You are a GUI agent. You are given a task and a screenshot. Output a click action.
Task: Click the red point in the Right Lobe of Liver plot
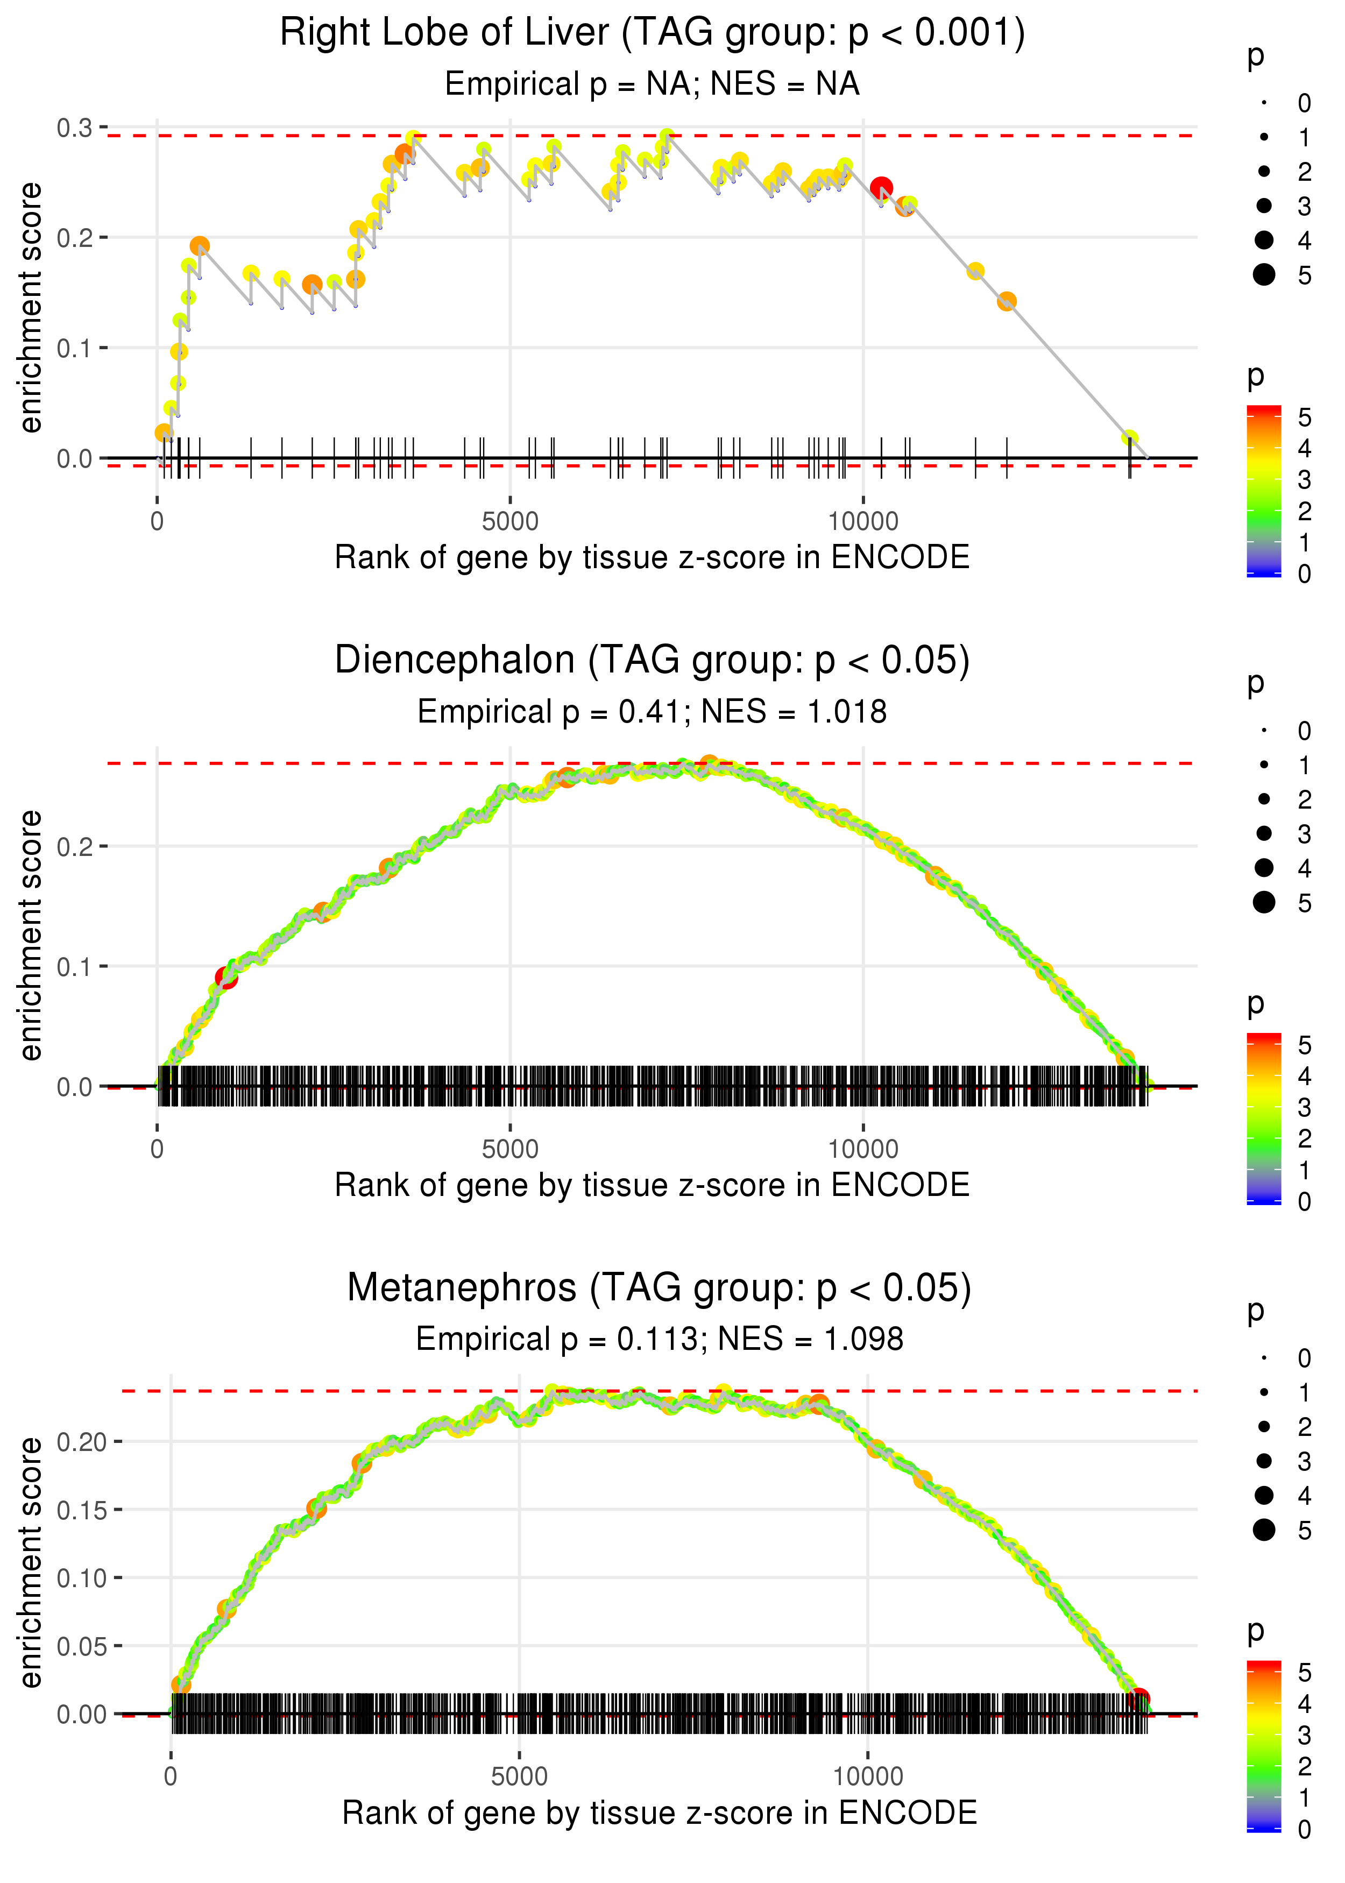[881, 188]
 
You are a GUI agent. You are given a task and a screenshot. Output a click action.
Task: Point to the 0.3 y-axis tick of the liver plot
[75, 128]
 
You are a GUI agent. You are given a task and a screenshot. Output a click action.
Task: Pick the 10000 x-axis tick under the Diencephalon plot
[863, 1149]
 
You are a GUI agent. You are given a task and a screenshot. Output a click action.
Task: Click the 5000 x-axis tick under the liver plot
[510, 522]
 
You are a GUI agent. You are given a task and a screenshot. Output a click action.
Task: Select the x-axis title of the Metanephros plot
[659, 1813]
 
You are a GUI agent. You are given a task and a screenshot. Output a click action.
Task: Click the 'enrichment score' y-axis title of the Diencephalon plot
[31, 936]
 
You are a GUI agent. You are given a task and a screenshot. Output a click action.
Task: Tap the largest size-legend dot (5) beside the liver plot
[1264, 275]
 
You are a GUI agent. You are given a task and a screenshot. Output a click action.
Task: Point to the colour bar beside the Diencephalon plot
[1263, 1119]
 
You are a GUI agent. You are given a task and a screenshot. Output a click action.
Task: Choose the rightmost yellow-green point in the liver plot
[1129, 438]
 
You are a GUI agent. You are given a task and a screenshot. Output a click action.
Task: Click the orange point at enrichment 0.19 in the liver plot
[200, 246]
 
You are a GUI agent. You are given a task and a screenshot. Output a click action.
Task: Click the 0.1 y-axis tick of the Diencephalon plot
[75, 966]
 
